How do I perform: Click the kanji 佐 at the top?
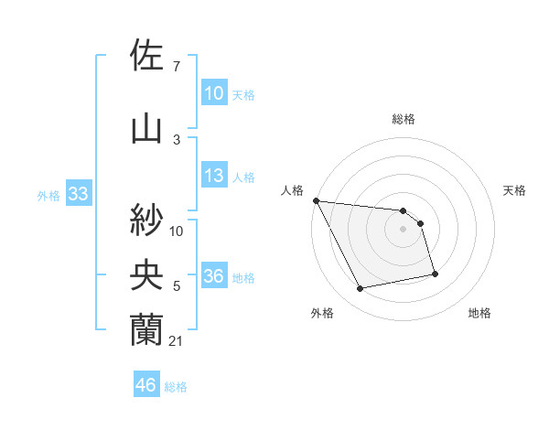[147, 56]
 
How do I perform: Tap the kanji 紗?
[147, 220]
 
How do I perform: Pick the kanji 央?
[147, 274]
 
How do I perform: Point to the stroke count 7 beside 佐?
[176, 67]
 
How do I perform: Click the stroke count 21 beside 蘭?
[177, 341]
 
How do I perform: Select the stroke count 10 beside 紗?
[177, 231]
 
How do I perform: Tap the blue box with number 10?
[213, 93]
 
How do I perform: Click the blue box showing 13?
[213, 177]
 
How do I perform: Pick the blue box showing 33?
[78, 194]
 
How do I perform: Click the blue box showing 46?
[146, 386]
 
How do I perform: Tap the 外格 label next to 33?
[48, 195]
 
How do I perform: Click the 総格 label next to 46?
[176, 387]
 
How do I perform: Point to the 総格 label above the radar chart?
[403, 119]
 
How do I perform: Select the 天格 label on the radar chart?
[515, 190]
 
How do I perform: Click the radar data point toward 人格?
[316, 200]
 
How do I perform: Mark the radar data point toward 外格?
[361, 289]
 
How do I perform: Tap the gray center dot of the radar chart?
[403, 229]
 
